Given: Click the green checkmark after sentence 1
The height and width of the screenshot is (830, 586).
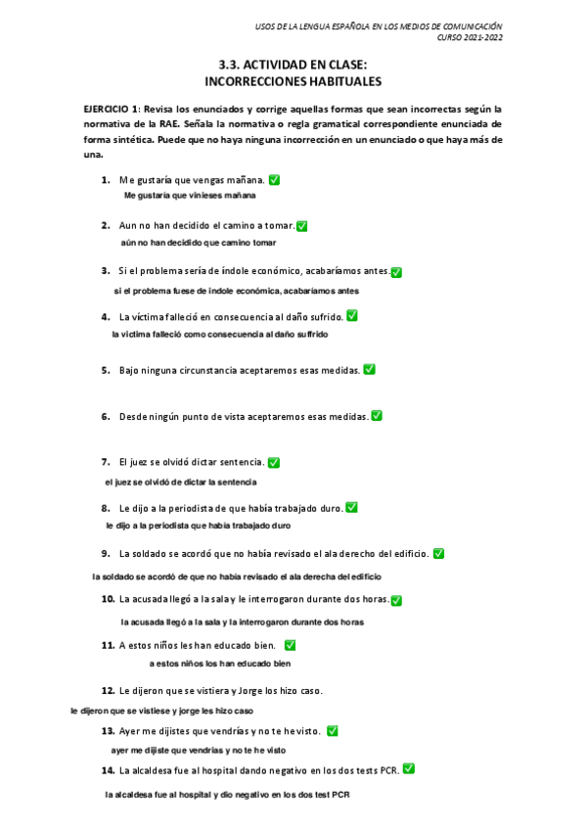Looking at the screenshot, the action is coord(274,180).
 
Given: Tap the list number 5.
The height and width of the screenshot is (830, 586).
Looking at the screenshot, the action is coord(105,370).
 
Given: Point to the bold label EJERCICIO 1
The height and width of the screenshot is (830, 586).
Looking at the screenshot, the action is coord(113,110).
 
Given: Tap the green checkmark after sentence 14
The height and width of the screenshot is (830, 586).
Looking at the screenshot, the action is coord(408,769).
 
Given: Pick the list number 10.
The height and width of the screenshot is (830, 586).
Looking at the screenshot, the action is coord(108,599).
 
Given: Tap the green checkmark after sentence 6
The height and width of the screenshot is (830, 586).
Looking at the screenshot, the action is coord(377,416).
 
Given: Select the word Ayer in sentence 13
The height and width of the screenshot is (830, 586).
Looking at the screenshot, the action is coord(130,731).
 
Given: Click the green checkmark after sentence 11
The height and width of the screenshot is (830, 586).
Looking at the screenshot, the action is coord(290,645).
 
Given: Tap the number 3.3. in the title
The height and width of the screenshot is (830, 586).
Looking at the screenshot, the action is coord(235,65).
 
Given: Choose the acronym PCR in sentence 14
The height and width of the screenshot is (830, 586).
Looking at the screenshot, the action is coord(388,771).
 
